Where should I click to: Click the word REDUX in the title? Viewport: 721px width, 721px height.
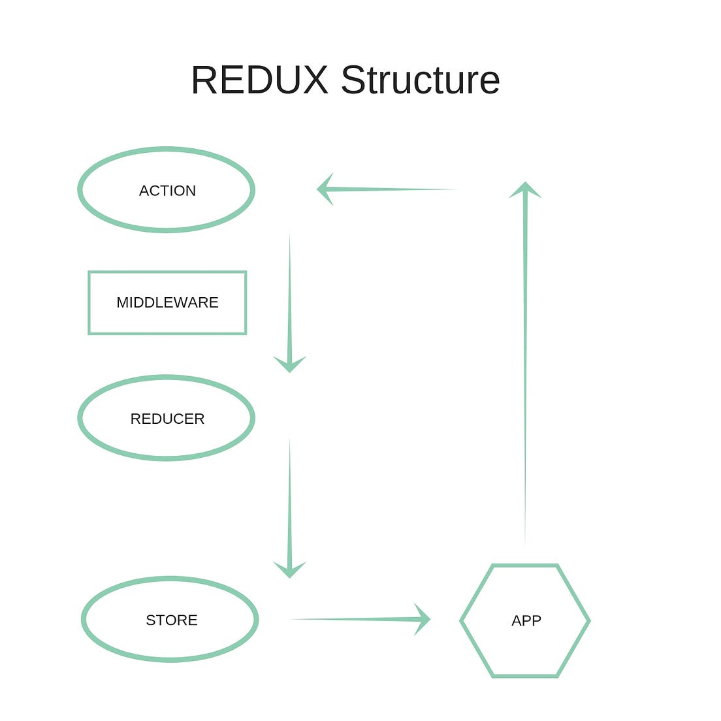coord(259,80)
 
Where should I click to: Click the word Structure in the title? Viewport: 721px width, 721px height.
coord(420,80)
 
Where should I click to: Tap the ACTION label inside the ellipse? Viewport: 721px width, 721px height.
coord(167,191)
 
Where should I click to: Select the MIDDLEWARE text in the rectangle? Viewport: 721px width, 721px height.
coord(167,302)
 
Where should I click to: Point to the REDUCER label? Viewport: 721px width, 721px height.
coord(167,419)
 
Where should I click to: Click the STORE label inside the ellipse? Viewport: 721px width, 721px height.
coord(171,620)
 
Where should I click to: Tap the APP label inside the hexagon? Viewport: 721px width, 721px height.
coord(526,620)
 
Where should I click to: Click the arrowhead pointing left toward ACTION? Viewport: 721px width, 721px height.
coord(325,189)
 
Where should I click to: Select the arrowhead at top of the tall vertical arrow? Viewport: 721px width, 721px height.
coord(525,189)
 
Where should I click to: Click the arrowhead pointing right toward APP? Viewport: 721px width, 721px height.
coord(422,619)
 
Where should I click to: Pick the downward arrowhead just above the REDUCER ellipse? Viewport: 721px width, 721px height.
coord(289,364)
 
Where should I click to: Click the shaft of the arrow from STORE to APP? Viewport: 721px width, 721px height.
coord(353,619)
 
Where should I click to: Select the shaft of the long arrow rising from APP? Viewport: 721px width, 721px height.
coord(525,366)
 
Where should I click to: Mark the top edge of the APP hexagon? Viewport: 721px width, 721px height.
coord(525,566)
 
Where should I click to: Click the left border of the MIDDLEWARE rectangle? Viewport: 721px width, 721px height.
coord(89,302)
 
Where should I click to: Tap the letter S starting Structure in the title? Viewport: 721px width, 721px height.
coord(352,80)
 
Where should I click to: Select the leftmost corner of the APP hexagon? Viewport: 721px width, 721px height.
coord(462,621)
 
